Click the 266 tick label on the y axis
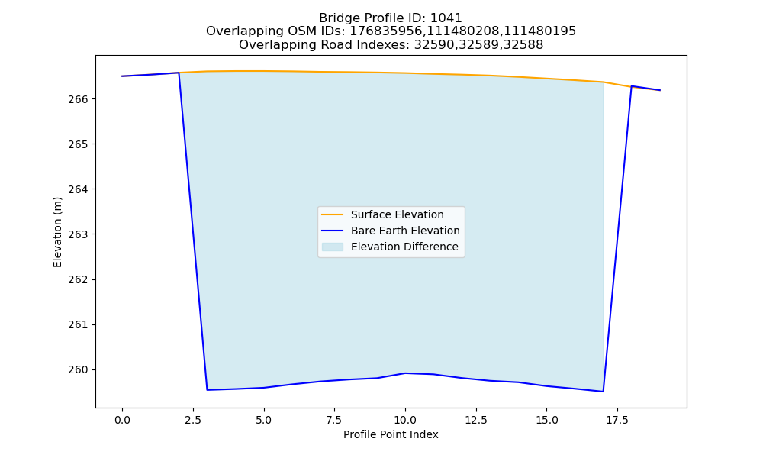pos(78,99)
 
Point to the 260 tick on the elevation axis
pos(78,370)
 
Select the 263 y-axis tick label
pos(78,234)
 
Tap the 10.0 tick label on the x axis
pos(405,420)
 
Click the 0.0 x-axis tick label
pos(122,420)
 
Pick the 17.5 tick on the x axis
pos(617,420)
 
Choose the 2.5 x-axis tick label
pos(193,420)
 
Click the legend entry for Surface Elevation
pos(382,214)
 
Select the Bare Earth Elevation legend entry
pos(390,231)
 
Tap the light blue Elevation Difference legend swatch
pos(333,247)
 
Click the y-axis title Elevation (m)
pos(57,232)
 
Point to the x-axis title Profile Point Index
pos(391,434)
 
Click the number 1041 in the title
pos(446,18)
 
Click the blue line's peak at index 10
pos(405,373)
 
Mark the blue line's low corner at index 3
pos(208,390)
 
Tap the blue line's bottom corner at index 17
pos(604,392)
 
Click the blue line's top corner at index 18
pos(632,86)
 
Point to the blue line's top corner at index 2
pos(179,73)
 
